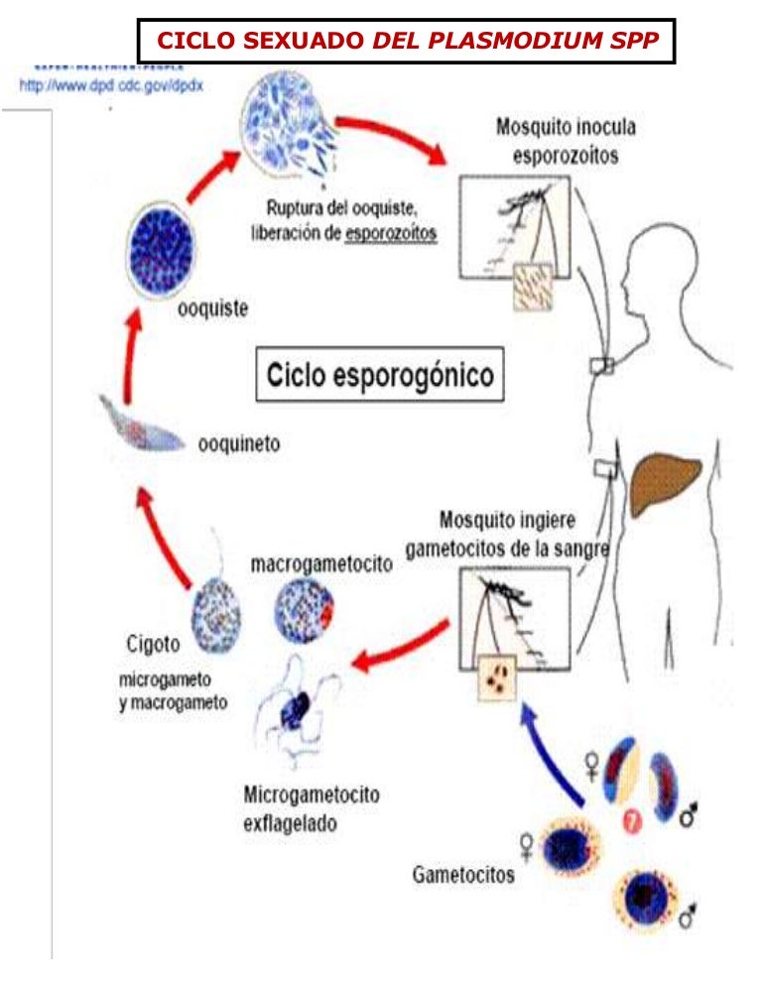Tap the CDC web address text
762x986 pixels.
tap(111, 85)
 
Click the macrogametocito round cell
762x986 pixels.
tap(306, 609)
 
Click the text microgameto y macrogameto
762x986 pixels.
tap(174, 692)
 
